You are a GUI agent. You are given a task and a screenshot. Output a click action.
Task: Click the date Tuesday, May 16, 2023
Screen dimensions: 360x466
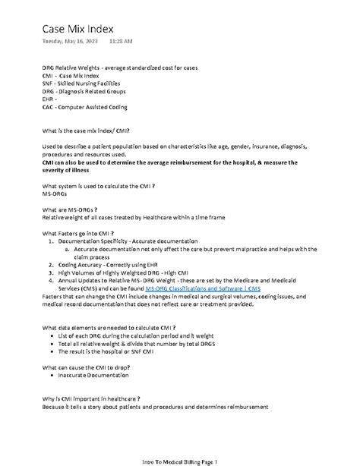pyautogui.click(x=69, y=40)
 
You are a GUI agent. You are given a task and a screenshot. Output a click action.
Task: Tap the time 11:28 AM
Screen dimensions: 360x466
pyautogui.click(x=120, y=40)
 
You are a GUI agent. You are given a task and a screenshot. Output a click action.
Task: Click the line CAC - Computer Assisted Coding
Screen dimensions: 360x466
pyautogui.click(x=84, y=107)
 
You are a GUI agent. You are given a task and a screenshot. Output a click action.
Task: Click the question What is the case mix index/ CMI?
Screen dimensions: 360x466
pyautogui.click(x=91, y=131)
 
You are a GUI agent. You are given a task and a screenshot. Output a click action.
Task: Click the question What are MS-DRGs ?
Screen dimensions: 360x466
pyautogui.click(x=70, y=209)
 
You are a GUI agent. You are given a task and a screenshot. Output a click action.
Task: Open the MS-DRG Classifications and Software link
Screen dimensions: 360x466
pyautogui.click(x=204, y=288)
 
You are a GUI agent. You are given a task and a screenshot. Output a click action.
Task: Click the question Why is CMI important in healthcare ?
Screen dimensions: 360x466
pyautogui.click(x=91, y=398)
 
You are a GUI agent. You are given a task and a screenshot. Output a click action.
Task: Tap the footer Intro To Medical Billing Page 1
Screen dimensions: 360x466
pyautogui.click(x=180, y=461)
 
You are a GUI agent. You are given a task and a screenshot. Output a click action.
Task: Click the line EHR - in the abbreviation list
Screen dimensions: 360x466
pyautogui.click(x=50, y=99)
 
